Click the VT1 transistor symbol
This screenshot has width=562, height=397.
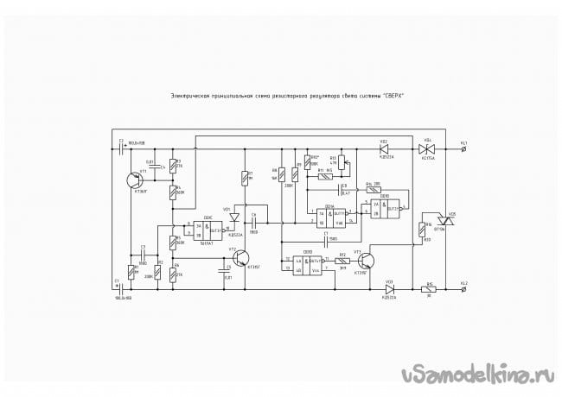tap(131, 180)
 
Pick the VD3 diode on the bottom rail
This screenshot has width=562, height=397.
tap(390, 289)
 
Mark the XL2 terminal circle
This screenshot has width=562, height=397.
tap(466, 289)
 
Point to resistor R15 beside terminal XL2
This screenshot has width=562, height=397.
tap(430, 289)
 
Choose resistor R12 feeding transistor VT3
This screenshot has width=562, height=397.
tap(342, 260)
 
